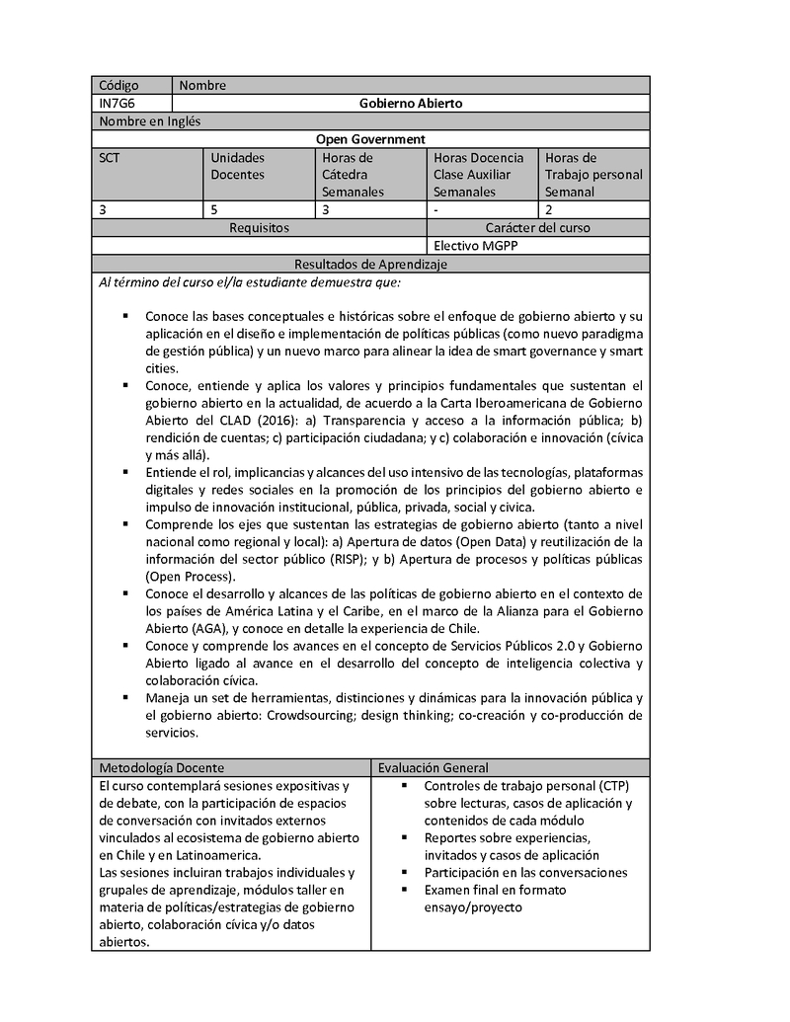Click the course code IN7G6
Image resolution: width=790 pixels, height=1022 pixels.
[115, 103]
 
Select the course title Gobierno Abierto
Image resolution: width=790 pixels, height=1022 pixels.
[411, 103]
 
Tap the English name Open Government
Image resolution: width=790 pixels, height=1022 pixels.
[370, 139]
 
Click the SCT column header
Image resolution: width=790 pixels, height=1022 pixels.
[109, 157]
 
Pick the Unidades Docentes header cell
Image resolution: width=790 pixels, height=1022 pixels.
[238, 166]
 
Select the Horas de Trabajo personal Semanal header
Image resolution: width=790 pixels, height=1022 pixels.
[593, 175]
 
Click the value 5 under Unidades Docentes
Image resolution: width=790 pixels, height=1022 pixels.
[214, 209]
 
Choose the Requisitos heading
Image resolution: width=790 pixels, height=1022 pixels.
[259, 227]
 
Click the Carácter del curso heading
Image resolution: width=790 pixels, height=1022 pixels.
[537, 227]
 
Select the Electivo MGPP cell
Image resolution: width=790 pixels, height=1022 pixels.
[475, 246]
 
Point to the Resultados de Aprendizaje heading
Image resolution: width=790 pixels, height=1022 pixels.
[370, 265]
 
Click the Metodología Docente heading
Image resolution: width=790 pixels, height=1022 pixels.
[162, 767]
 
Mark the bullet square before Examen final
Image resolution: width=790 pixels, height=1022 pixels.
[406, 891]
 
